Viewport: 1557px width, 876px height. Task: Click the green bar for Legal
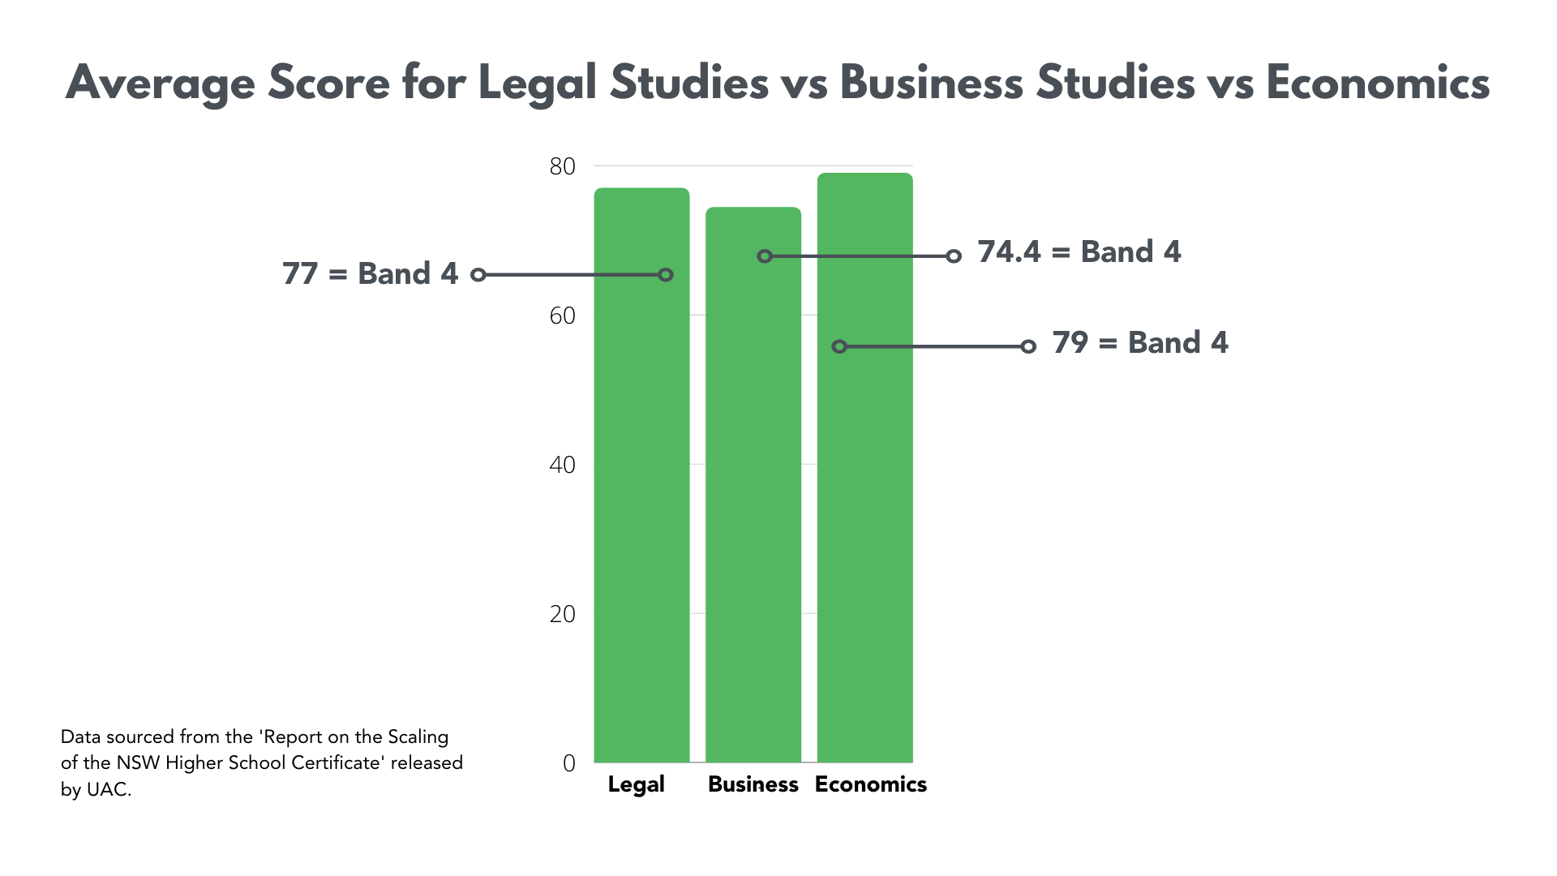click(641, 487)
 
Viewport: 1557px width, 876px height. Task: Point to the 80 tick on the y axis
click(562, 166)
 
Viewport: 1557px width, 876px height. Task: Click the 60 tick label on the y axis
click(562, 316)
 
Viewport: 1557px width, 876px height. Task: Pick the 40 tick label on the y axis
click(562, 465)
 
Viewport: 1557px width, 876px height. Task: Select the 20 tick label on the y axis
click(562, 614)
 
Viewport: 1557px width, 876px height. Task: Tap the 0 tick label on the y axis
click(568, 763)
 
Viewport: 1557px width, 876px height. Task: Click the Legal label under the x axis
click(636, 784)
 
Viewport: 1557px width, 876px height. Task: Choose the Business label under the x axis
click(753, 784)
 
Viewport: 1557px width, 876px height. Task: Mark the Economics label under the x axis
click(870, 784)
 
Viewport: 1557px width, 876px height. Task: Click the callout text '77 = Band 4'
click(370, 274)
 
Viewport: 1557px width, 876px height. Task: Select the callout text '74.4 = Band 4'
click(1079, 252)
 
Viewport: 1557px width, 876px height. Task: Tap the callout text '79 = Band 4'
click(1139, 343)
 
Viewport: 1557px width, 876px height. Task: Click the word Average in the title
click(160, 84)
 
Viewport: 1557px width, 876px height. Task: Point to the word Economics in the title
click(1377, 84)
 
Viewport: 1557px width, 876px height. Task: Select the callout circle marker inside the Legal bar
click(666, 275)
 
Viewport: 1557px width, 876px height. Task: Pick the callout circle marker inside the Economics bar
click(840, 346)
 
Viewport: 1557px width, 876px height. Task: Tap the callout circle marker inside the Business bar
click(765, 256)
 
